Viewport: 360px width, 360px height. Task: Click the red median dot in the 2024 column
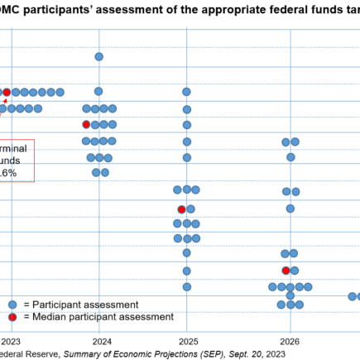(x=86, y=124)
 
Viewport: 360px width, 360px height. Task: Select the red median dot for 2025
(x=181, y=209)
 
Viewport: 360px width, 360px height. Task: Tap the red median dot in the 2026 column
(x=286, y=271)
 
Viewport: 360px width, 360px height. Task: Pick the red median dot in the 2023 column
(x=7, y=93)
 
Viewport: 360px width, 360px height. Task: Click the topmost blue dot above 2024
(x=98, y=57)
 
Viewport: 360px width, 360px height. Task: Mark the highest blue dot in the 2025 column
(x=187, y=92)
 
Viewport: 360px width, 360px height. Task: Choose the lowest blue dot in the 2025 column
(x=187, y=287)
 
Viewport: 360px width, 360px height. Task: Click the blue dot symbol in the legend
(x=12, y=304)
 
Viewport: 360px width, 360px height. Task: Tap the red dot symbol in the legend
(x=12, y=317)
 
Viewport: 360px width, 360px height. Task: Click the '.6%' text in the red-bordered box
(x=9, y=172)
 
